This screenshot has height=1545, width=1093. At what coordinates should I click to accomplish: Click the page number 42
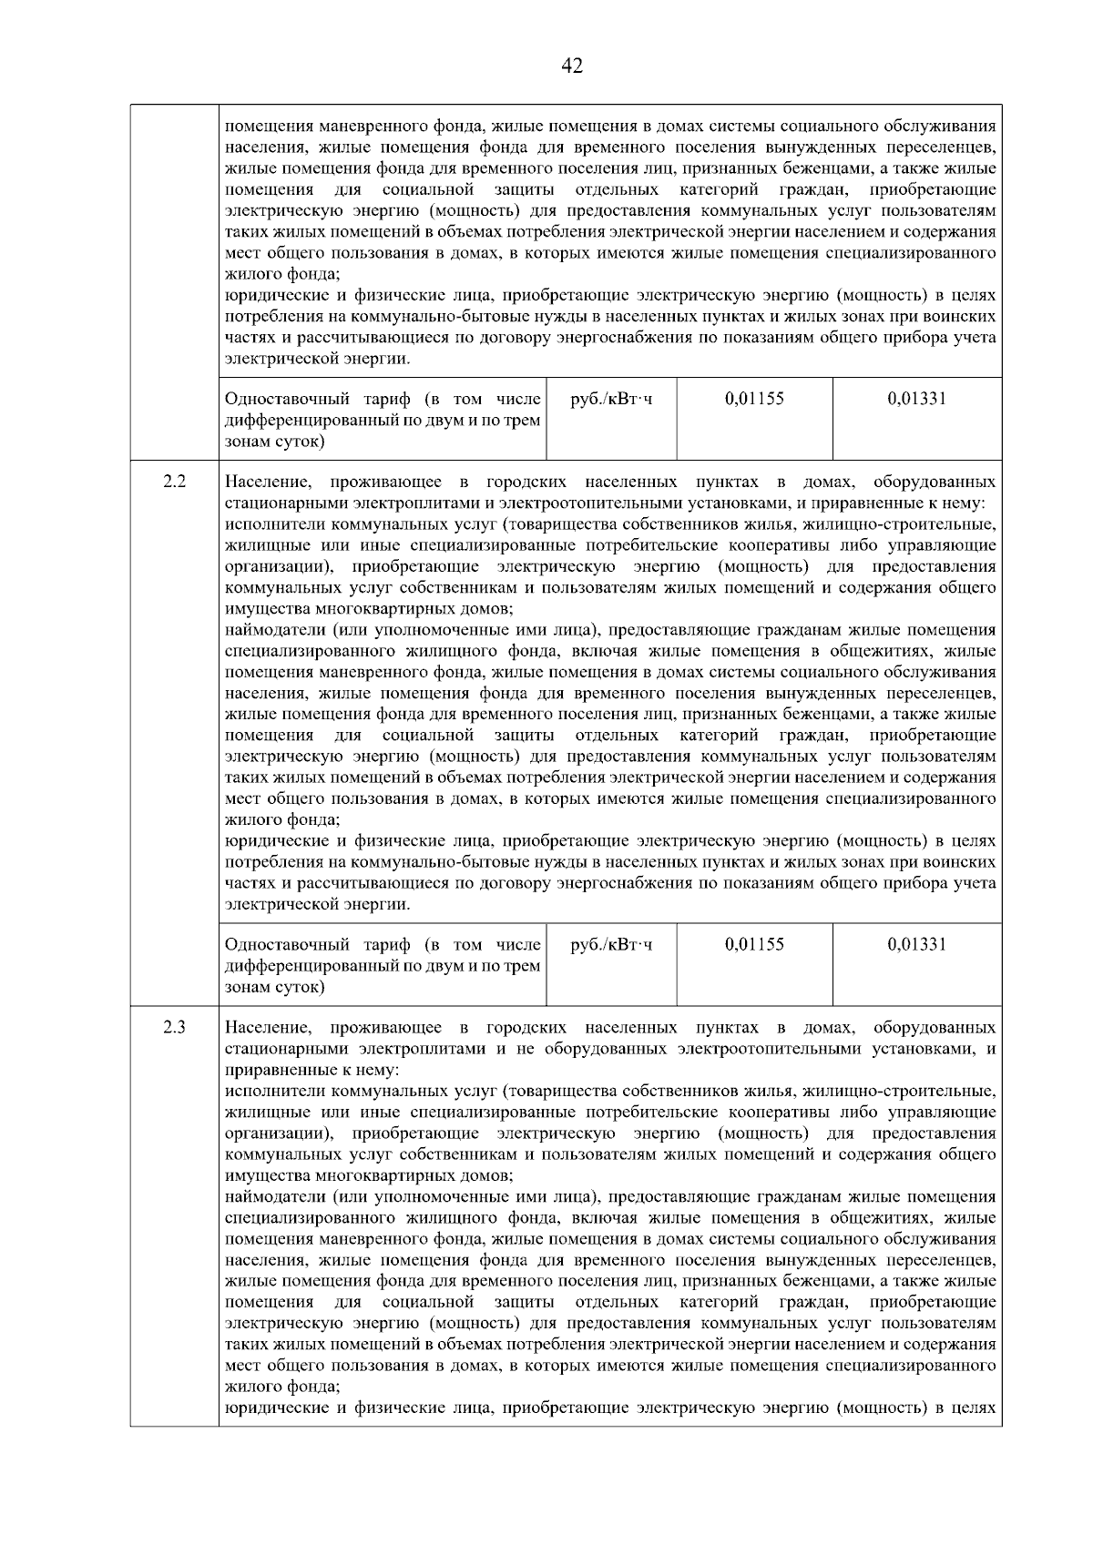[x=572, y=66]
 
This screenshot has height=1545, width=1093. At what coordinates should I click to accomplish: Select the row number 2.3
[x=174, y=1028]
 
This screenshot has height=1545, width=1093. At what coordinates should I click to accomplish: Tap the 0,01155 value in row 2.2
[x=754, y=944]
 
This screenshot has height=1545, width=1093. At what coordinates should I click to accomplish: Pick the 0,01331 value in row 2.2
[x=916, y=944]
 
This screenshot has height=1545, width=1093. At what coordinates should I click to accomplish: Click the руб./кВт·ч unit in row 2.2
[x=611, y=944]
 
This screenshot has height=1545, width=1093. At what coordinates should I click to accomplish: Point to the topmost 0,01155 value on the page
[x=754, y=398]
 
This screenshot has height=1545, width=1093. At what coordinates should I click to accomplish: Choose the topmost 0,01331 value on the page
[x=916, y=398]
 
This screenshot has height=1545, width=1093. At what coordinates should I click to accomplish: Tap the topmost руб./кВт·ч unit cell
[x=611, y=398]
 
